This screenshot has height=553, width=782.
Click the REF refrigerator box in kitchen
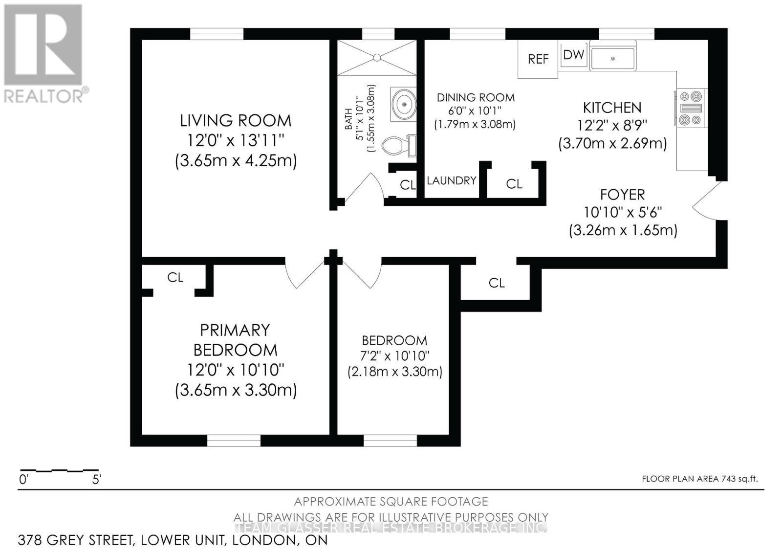(538, 59)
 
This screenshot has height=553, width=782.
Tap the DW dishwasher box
(573, 55)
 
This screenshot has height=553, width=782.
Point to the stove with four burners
(691, 108)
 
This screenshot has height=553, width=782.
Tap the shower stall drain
(377, 58)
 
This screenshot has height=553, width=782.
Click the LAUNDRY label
(451, 180)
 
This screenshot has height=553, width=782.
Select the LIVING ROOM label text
(236, 120)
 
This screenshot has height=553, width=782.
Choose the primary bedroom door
(304, 275)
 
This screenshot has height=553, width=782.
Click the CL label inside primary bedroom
(175, 277)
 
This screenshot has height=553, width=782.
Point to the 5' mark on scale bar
(96, 479)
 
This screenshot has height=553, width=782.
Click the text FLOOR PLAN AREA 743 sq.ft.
(699, 479)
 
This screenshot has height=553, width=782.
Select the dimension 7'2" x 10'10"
(394, 355)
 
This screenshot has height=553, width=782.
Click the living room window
(217, 34)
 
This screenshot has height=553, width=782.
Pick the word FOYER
(622, 195)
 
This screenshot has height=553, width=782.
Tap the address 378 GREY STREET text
(75, 540)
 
